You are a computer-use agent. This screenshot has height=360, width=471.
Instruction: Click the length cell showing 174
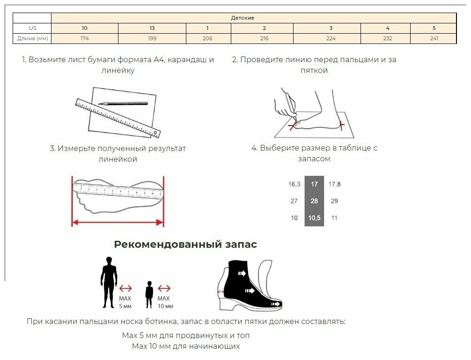(84, 38)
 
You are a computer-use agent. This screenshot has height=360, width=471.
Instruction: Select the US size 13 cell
(152, 28)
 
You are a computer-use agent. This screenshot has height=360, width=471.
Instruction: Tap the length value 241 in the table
(434, 38)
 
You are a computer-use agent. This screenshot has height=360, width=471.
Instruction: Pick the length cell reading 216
(264, 38)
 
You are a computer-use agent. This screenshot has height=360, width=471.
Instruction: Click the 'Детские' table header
(243, 18)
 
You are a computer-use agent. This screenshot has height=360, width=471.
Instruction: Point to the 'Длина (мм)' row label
(32, 38)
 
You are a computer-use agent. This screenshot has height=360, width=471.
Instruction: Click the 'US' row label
(32, 28)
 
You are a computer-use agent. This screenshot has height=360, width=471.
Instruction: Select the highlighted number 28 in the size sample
(314, 201)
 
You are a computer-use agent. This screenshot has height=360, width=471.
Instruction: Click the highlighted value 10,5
(314, 218)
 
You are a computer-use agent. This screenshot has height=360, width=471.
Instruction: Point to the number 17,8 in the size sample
(334, 184)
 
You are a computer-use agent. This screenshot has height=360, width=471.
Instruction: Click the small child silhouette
(149, 294)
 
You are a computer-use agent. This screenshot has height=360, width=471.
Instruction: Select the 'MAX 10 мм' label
(164, 302)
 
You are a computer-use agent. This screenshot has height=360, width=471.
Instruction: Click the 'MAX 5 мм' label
(125, 302)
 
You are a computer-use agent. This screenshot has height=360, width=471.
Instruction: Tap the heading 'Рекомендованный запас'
(185, 245)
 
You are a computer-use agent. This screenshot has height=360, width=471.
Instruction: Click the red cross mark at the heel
(340, 125)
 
